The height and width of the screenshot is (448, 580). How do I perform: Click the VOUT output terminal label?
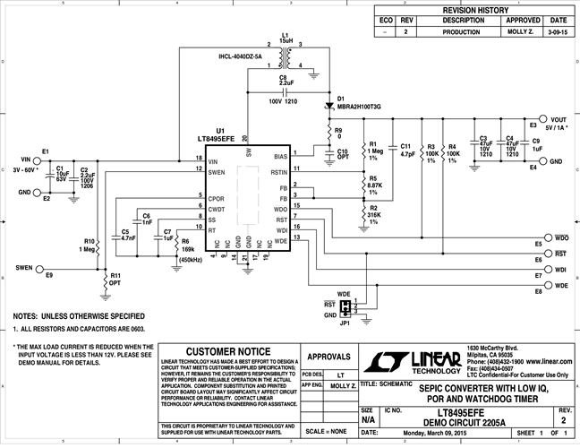pos(559,119)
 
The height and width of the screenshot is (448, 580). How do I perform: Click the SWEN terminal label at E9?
pos(25,267)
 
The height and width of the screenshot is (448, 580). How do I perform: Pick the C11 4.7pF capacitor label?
pos(405,150)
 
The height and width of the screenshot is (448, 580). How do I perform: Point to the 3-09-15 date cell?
pos(558,31)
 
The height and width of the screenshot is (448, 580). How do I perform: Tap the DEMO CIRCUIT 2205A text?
pos(465,420)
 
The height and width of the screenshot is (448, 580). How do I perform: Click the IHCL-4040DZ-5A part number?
pos(245,57)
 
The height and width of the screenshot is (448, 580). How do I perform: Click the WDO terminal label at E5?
pos(561,237)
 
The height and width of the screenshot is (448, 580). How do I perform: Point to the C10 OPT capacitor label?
pos(342,154)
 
